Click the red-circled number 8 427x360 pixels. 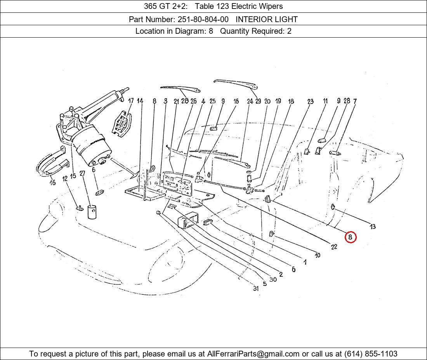point(350,237)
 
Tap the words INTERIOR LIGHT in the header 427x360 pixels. point(267,19)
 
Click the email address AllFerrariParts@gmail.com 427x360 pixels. point(253,354)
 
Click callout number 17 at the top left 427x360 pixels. point(131,101)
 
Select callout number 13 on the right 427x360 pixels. point(373,227)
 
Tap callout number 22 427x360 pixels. point(334,247)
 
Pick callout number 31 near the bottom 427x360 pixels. point(255,288)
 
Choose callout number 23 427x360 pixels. point(310,102)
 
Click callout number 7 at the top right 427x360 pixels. point(355,101)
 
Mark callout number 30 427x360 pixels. point(273,279)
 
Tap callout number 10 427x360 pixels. point(318,255)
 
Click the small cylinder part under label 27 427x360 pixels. point(92,212)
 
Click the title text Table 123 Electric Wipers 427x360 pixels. point(239,6)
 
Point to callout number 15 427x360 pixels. point(73,177)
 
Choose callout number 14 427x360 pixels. point(140,101)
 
